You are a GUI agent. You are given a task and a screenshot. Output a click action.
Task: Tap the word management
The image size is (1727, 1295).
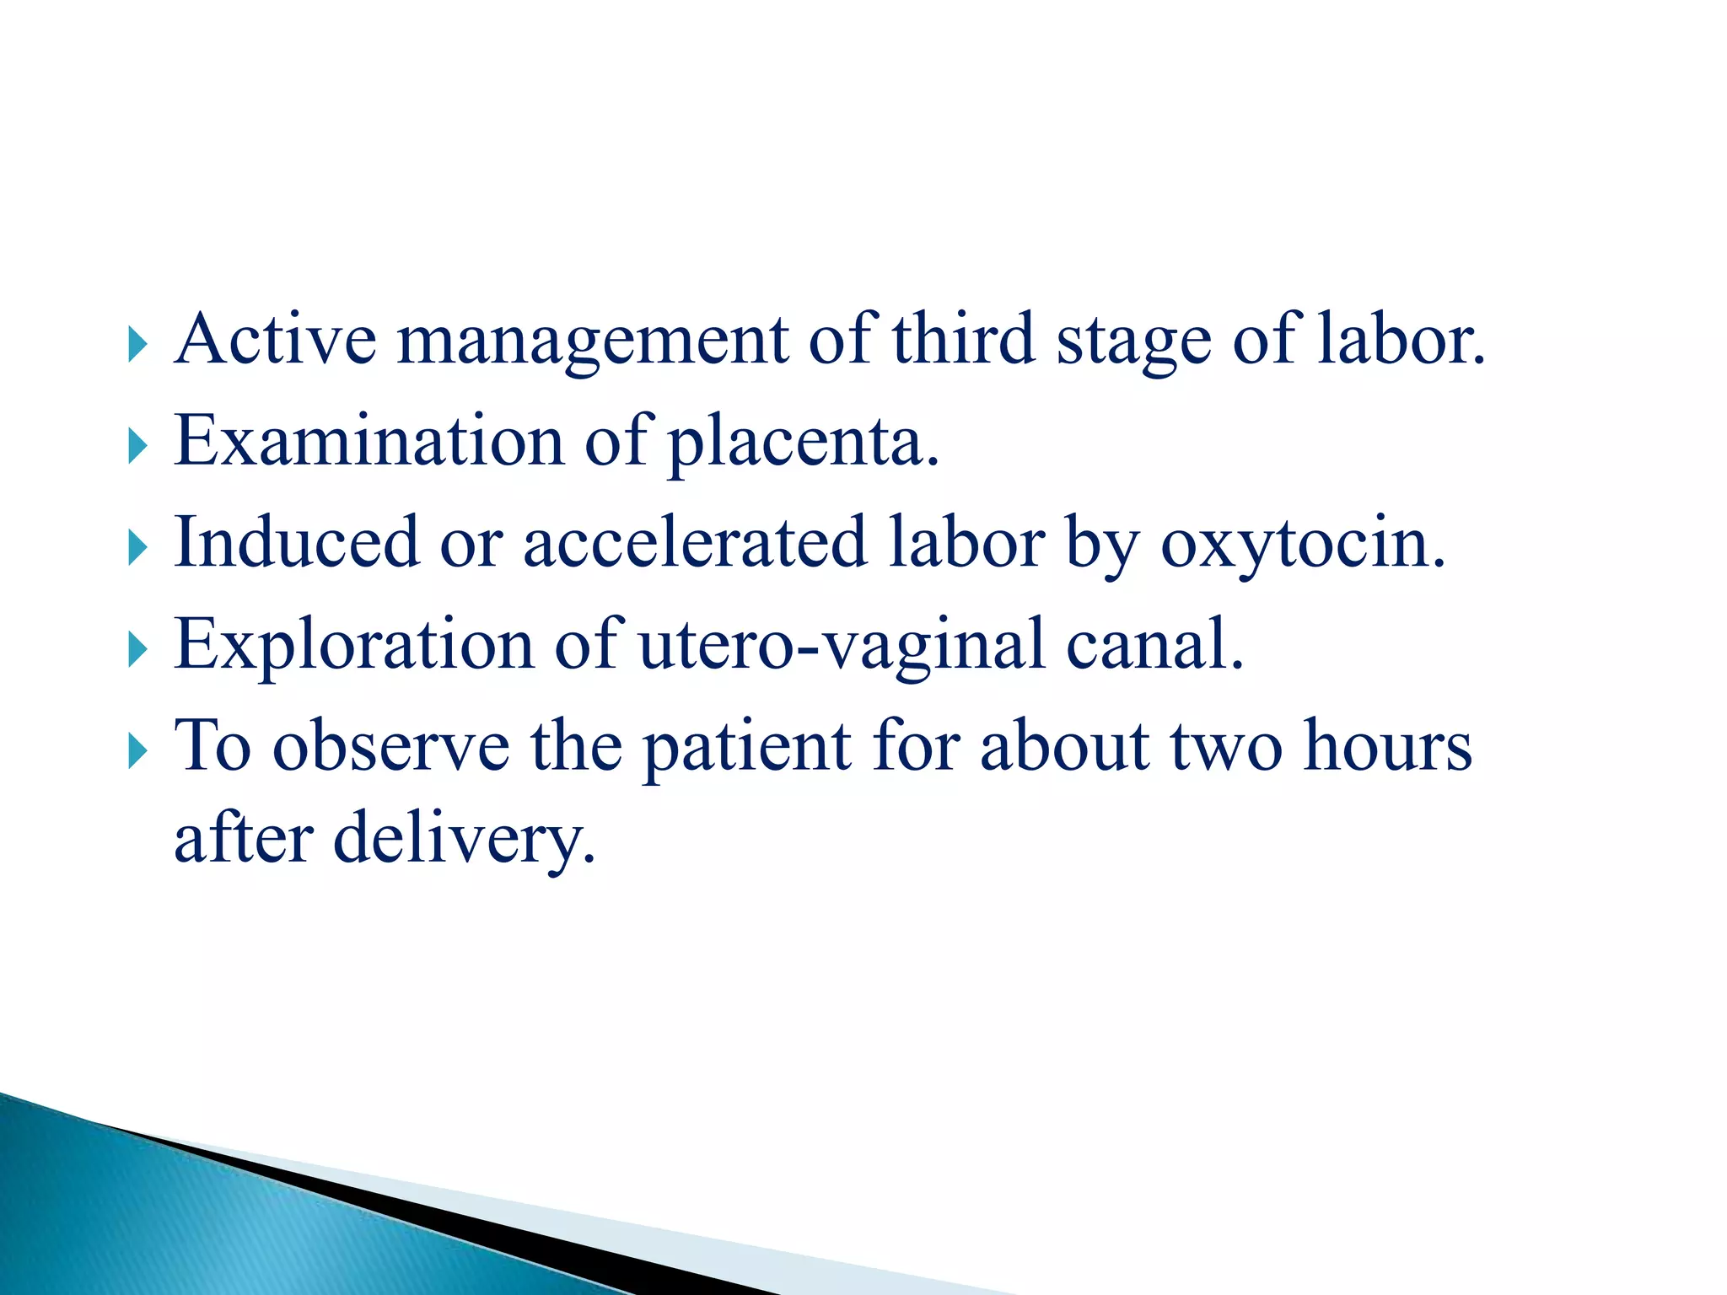tap(592, 341)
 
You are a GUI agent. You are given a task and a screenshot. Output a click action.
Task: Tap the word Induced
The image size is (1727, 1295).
tap(296, 542)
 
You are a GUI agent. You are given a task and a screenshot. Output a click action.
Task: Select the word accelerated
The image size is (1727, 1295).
tap(695, 542)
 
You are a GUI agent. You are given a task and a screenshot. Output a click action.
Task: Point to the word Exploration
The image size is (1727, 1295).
tap(354, 644)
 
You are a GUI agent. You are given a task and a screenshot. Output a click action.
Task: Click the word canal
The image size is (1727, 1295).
tap(1154, 644)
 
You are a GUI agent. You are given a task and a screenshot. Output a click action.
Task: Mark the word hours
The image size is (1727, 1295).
tap(1387, 745)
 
